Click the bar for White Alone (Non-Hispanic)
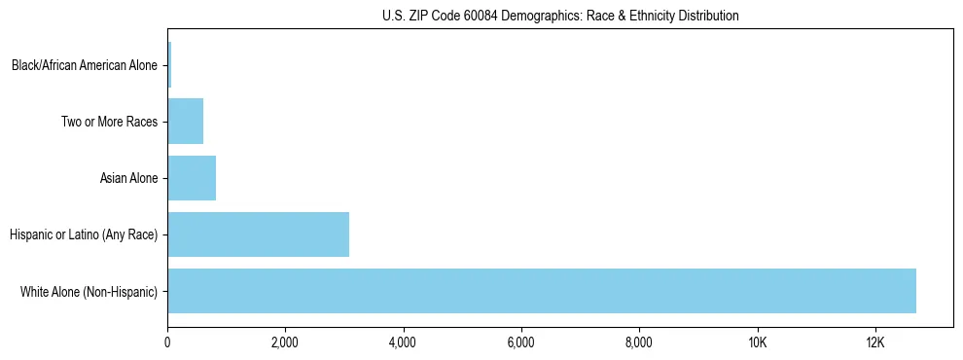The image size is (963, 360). pyautogui.click(x=541, y=291)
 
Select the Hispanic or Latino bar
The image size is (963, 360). pyautogui.click(x=258, y=234)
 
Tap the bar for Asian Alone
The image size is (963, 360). pyautogui.click(x=192, y=178)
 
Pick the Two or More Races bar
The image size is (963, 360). pyautogui.click(x=185, y=122)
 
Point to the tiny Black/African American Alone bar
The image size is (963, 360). pyautogui.click(x=169, y=65)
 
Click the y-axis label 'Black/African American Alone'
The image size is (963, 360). pyautogui.click(x=85, y=66)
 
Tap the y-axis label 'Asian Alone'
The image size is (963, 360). pyautogui.click(x=128, y=179)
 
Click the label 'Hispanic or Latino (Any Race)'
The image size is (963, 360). pyautogui.click(x=84, y=234)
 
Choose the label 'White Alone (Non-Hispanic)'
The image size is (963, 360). pyautogui.click(x=89, y=291)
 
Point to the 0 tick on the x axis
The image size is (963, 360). pyautogui.click(x=167, y=342)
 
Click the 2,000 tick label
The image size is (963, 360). pyautogui.click(x=285, y=342)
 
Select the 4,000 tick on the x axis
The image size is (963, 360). pyautogui.click(x=403, y=342)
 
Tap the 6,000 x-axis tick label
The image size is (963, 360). pyautogui.click(x=521, y=342)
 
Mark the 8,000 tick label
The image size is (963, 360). pyautogui.click(x=639, y=342)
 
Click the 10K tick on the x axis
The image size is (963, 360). pyautogui.click(x=757, y=342)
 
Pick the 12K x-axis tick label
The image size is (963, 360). pyautogui.click(x=874, y=342)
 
